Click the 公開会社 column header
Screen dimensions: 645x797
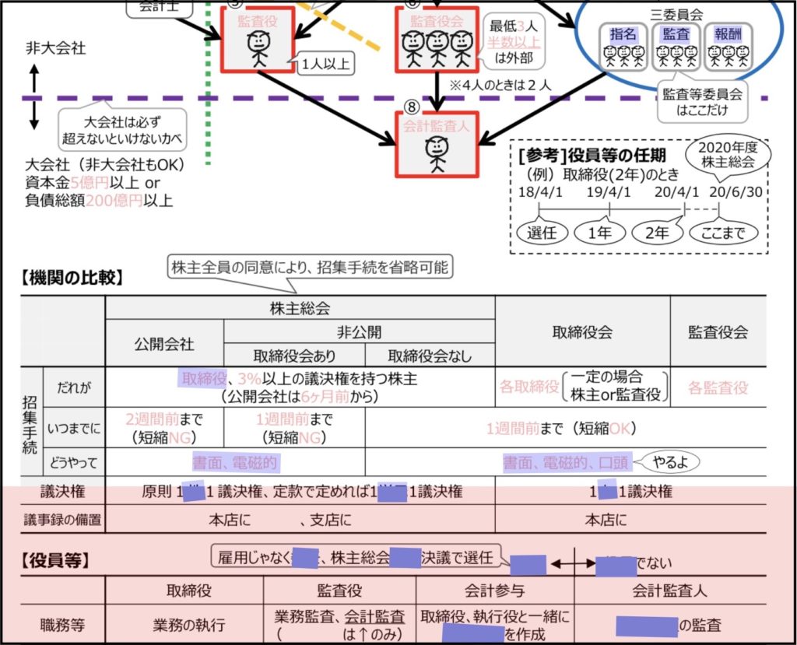[x=164, y=343]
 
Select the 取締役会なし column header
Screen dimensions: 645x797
[x=430, y=355]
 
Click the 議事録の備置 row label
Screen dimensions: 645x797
[x=62, y=519]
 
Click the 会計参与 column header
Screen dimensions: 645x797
[x=496, y=591]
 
